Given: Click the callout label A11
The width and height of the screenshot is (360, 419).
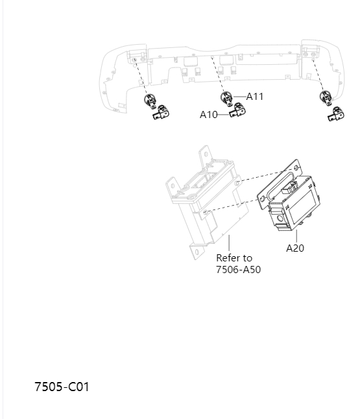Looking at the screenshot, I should tap(255, 96).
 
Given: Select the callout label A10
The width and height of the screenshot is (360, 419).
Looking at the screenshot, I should tap(208, 115).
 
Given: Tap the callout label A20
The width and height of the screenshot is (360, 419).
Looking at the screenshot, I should tap(295, 248).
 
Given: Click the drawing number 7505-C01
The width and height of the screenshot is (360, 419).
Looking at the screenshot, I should tap(62, 387).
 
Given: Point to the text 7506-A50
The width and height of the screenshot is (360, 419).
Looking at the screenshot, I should tap(238, 270).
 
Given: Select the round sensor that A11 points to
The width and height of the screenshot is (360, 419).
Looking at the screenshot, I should tap(228, 99).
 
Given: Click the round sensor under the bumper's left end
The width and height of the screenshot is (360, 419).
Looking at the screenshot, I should tap(149, 101).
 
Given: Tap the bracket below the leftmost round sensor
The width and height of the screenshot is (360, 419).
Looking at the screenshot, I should tap(161, 115).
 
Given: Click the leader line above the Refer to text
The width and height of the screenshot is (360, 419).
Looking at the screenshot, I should tap(229, 244).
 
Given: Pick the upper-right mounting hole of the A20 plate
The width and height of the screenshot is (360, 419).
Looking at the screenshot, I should tap(296, 167).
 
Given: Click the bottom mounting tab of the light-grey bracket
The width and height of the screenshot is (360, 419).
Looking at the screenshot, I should tap(196, 250).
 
